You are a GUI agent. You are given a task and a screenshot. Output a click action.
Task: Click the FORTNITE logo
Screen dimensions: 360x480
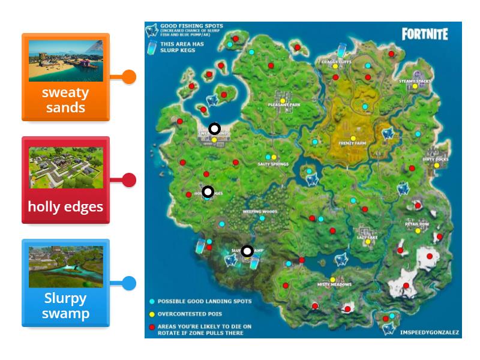click(424, 34)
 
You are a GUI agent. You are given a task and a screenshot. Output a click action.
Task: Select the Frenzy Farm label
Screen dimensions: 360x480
click(352, 143)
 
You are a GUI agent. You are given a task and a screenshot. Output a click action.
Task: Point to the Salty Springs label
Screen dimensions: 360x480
click(273, 164)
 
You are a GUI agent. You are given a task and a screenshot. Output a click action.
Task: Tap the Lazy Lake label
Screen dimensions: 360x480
click(366, 238)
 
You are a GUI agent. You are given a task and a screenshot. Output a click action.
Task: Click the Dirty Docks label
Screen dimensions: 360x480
click(435, 159)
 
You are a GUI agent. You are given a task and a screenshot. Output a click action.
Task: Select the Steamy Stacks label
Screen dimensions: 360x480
click(415, 80)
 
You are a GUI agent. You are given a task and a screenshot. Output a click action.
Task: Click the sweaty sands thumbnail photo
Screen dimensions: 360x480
click(65, 61)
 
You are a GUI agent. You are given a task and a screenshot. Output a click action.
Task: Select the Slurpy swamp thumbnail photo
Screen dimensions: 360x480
click(65, 266)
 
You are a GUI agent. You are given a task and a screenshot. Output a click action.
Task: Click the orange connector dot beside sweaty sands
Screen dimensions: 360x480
click(129, 77)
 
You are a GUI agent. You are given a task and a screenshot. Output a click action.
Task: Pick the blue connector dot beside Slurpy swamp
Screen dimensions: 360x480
click(129, 283)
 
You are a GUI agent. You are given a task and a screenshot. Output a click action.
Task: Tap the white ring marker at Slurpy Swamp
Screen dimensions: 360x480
click(247, 251)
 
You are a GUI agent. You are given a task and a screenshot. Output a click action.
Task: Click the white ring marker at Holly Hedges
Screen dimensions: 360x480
click(208, 191)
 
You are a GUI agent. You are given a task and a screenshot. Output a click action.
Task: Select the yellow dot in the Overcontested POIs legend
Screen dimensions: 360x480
click(152, 314)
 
